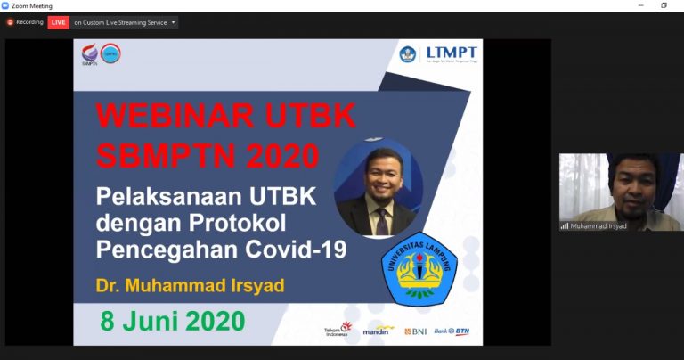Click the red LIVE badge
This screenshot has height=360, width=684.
coord(58,22)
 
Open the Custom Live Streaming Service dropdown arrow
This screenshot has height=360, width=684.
coord(173,22)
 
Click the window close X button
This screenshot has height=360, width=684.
coord(673,5)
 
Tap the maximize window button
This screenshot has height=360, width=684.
coord(664,5)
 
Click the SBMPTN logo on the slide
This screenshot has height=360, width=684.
coord(90,55)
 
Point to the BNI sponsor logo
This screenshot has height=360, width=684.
coord(415,331)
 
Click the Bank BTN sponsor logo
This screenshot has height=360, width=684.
coord(452,331)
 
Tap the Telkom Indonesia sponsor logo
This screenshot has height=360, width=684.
coord(338,330)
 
